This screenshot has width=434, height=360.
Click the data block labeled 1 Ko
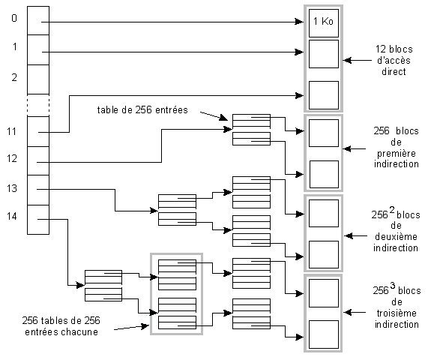pyautogui.click(x=324, y=23)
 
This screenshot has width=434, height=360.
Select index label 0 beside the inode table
pyautogui.click(x=14, y=18)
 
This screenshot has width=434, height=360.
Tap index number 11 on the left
pyautogui.click(x=12, y=131)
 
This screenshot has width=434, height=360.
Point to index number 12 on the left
pyautogui.click(x=12, y=158)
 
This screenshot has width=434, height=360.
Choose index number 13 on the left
pyautogui.click(x=12, y=188)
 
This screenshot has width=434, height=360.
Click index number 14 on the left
pyautogui.click(x=12, y=216)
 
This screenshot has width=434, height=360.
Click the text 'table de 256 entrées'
pyautogui.click(x=142, y=110)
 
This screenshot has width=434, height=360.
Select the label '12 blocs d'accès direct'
pyautogui.click(x=394, y=60)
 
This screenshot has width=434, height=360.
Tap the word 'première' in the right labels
pyautogui.click(x=397, y=154)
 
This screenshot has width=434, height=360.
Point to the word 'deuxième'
pyautogui.click(x=396, y=236)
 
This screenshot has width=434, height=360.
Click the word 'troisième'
pyautogui.click(x=397, y=313)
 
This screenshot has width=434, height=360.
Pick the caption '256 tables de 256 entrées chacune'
pyautogui.click(x=61, y=326)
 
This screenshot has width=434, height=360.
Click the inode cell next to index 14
pyautogui.click(x=38, y=220)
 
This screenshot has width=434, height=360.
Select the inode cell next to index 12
pyautogui.click(x=38, y=160)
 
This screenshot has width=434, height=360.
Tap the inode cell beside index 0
pyautogui.click(x=38, y=21)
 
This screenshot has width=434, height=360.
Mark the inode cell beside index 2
pyautogui.click(x=38, y=79)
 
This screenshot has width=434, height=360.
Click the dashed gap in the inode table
pyautogui.click(x=38, y=105)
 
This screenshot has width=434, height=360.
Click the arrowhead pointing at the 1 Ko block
pyautogui.click(x=299, y=22)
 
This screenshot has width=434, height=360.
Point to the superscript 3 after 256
pyautogui.click(x=392, y=285)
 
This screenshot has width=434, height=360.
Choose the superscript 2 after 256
pyautogui.click(x=392, y=210)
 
